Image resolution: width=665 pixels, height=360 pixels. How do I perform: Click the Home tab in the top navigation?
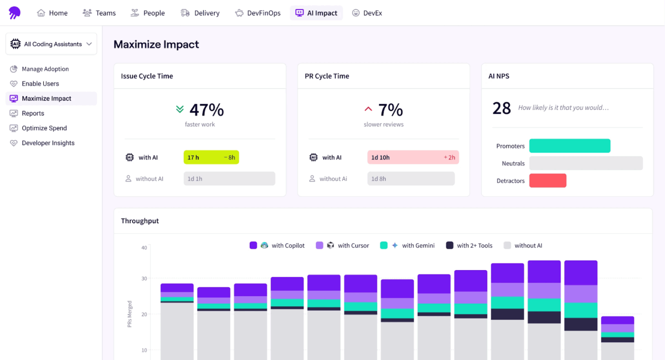point(52,13)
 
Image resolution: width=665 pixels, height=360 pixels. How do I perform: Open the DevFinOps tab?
point(258,13)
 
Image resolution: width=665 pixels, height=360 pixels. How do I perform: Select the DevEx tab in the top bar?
point(367,13)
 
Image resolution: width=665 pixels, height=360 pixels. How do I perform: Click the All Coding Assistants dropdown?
point(51,44)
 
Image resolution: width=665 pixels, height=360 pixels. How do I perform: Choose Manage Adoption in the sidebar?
point(45,69)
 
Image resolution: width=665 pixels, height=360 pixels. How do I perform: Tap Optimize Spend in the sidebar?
point(44,128)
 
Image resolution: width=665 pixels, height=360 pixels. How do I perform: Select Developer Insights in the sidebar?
point(48,143)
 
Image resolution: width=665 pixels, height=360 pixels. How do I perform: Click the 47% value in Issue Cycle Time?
point(206,110)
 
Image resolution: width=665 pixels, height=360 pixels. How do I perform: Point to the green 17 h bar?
point(211,157)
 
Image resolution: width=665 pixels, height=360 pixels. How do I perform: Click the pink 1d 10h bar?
point(413,157)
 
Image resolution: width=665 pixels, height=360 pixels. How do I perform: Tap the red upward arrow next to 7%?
point(368,109)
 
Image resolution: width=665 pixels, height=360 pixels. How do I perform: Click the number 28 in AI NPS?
point(501,108)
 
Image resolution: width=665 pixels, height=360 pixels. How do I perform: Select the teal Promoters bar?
point(570,146)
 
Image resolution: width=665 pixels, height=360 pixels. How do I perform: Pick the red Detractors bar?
point(548,180)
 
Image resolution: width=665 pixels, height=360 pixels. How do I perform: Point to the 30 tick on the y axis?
point(144,278)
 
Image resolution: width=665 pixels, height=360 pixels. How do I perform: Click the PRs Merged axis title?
point(130,314)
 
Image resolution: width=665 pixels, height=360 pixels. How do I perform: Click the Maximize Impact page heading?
point(156,45)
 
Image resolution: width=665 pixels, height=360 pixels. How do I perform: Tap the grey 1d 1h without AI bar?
point(229,179)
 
